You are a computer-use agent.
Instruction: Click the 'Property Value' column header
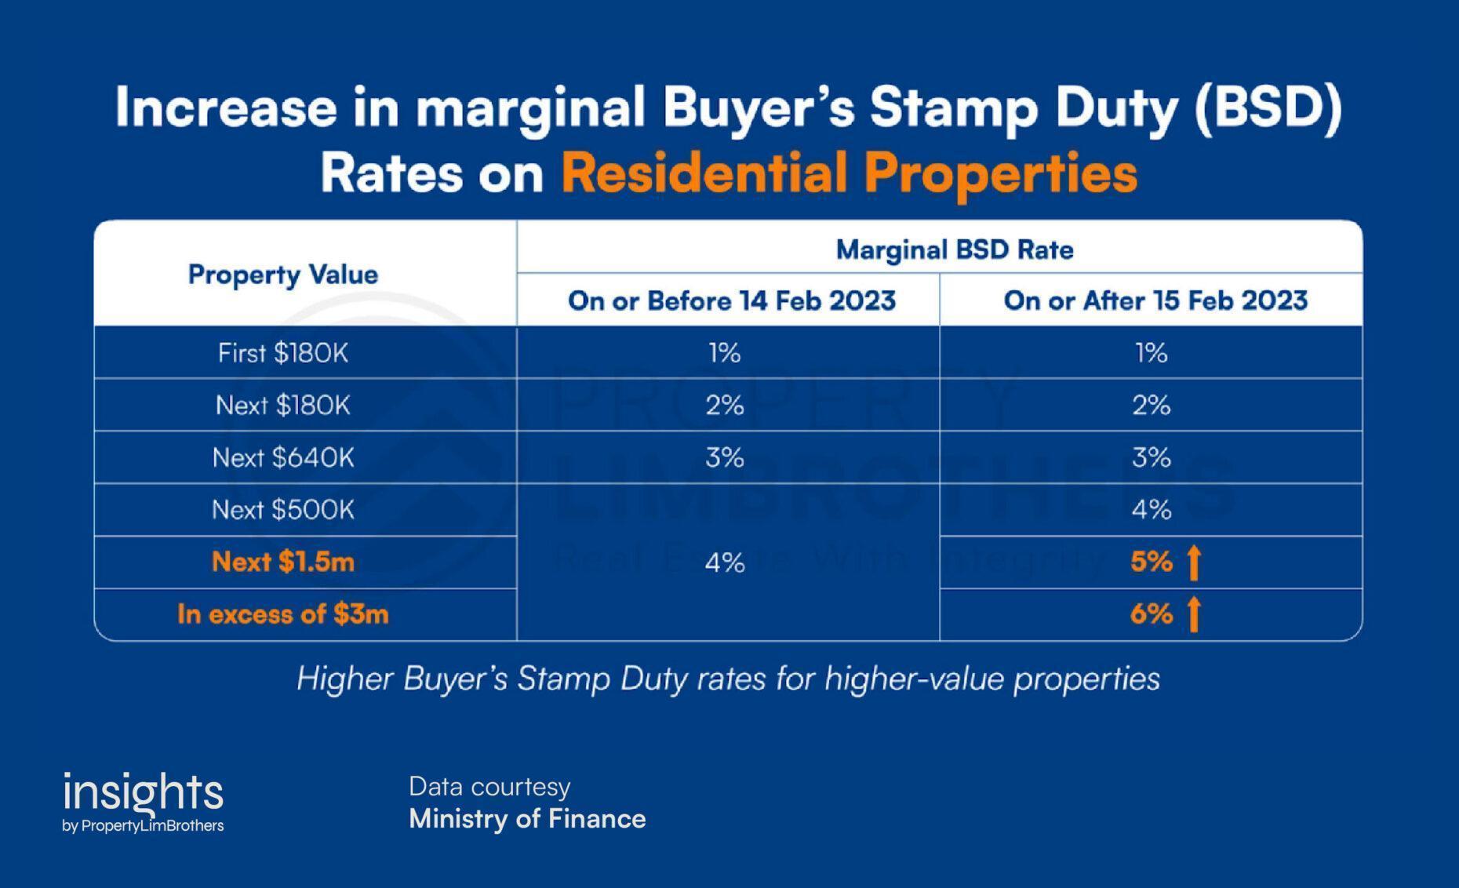(x=283, y=275)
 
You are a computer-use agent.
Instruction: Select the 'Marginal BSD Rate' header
(x=955, y=249)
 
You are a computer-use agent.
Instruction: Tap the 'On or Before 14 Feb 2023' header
(x=731, y=300)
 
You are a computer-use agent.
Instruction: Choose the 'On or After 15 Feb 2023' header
(x=1155, y=300)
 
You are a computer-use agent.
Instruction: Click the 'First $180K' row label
(x=283, y=353)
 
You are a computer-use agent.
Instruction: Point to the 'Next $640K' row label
(x=283, y=457)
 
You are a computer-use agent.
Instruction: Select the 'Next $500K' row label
(x=283, y=510)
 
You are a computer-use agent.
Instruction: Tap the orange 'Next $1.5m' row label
(x=283, y=562)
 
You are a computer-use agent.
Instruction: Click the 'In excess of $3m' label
(x=283, y=614)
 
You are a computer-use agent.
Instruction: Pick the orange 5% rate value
(x=1151, y=562)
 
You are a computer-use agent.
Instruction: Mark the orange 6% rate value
(x=1151, y=614)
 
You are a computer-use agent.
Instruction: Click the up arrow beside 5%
(x=1193, y=562)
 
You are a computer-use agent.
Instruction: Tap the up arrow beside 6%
(x=1193, y=614)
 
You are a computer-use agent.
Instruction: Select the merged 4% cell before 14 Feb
(x=725, y=562)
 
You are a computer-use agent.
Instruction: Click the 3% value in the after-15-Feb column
(x=1151, y=457)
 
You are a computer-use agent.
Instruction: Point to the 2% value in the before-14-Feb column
(x=725, y=406)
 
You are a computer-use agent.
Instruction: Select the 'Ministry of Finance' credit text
(x=527, y=819)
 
